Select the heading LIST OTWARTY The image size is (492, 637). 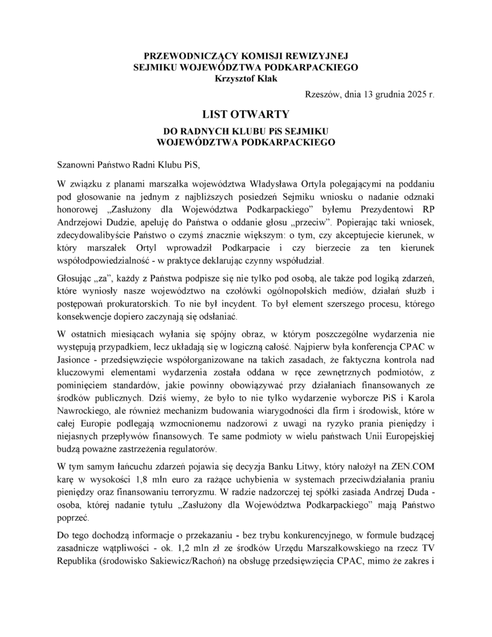[246, 114]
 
